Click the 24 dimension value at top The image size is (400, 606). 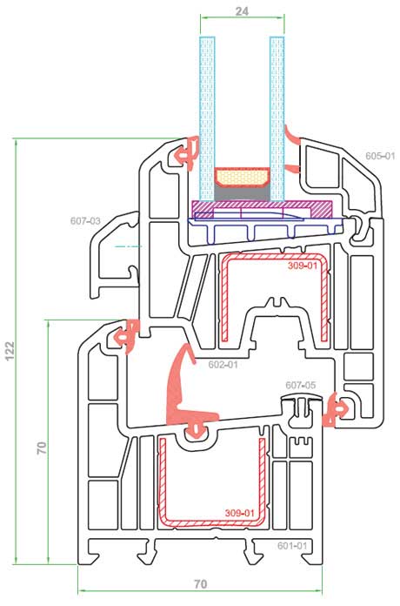(x=242, y=11)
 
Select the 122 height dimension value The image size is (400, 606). (x=10, y=351)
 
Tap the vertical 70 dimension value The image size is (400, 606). (x=42, y=448)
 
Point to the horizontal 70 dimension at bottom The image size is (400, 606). (x=201, y=584)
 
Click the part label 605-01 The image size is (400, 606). (x=380, y=156)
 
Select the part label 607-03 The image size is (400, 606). (x=85, y=221)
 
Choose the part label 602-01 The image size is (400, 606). (x=223, y=365)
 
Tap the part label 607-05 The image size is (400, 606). (x=300, y=385)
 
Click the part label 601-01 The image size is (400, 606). (x=292, y=545)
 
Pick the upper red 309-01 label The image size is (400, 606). (x=303, y=266)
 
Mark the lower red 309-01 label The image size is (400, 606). (x=240, y=513)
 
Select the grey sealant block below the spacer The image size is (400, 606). (x=242, y=192)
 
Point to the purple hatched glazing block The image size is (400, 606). (x=262, y=209)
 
